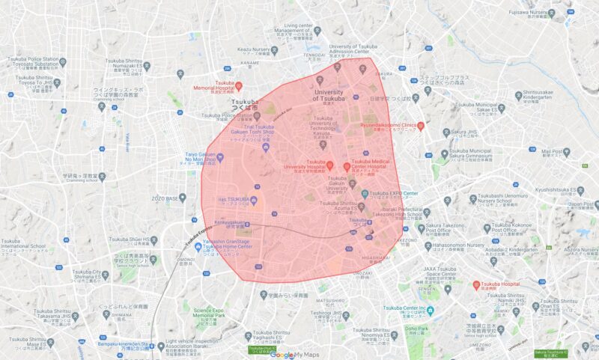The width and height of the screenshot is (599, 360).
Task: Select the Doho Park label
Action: pyautogui.click(x=417, y=329)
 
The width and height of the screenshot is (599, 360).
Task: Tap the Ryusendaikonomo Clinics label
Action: pyautogui.click(x=389, y=126)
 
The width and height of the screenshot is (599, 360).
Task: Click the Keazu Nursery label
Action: pyautogui.click(x=255, y=50)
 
